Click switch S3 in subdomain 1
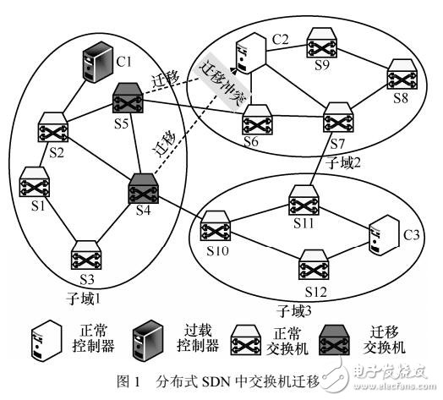(x=87, y=255)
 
